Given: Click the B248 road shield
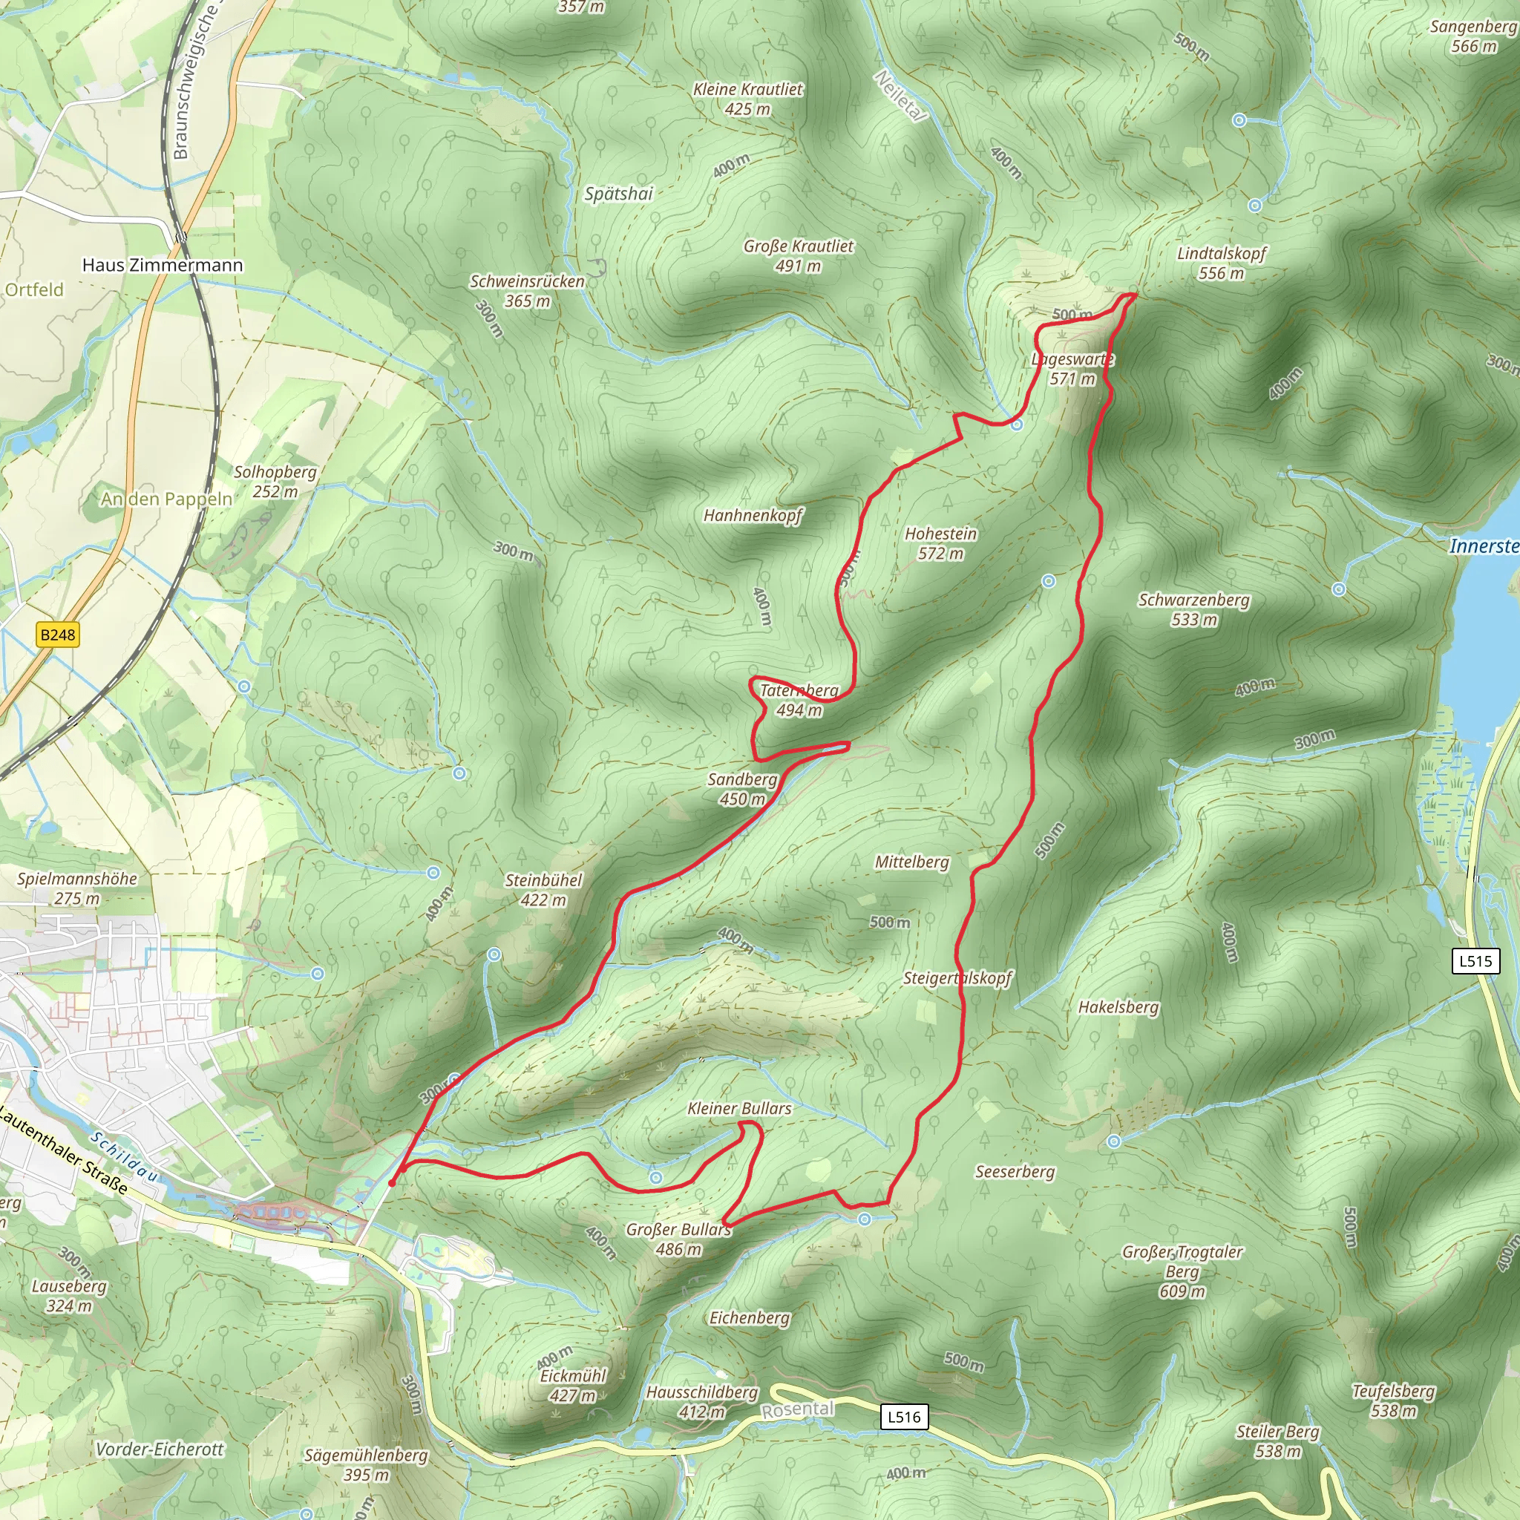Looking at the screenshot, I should [x=58, y=635].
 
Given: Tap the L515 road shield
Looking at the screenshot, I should [x=1475, y=960].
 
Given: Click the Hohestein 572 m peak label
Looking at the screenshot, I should [x=940, y=543].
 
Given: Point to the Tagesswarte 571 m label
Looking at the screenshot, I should [x=1072, y=369].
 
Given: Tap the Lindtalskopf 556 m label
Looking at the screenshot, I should [x=1221, y=263].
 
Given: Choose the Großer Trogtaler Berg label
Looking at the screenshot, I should [x=1182, y=1271].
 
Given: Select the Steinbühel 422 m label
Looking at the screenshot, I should [x=543, y=890].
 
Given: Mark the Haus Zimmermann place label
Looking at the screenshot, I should [x=163, y=265].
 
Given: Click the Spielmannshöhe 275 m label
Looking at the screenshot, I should [x=77, y=888].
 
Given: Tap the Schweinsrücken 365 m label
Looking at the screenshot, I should [x=527, y=291].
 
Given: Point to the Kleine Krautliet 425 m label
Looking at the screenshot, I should [x=747, y=99].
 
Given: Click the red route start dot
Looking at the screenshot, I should [x=392, y=1182].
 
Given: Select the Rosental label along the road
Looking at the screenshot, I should [x=797, y=1409].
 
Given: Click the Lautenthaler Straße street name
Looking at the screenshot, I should [x=63, y=1151].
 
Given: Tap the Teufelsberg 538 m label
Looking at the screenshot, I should [x=1393, y=1401].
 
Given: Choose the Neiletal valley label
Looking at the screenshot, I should [x=901, y=96].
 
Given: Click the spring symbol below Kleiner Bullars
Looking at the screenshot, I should [x=656, y=1178].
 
